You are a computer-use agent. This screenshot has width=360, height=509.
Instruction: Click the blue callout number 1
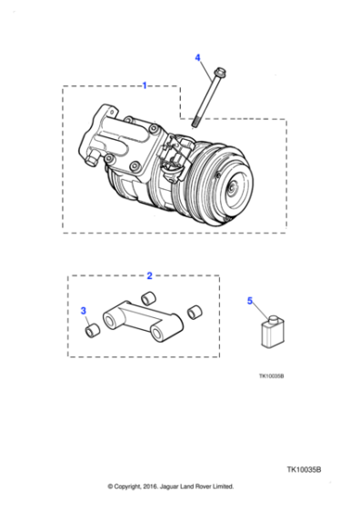[x=145, y=85]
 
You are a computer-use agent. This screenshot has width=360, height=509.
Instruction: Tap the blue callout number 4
[x=197, y=57]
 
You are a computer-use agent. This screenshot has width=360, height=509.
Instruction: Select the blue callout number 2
[x=149, y=274]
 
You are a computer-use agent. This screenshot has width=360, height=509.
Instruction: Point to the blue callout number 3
[x=85, y=312]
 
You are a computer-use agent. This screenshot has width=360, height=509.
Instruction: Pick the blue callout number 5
[x=251, y=300]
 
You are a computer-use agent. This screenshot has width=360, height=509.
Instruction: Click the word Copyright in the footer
[x=135, y=486]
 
